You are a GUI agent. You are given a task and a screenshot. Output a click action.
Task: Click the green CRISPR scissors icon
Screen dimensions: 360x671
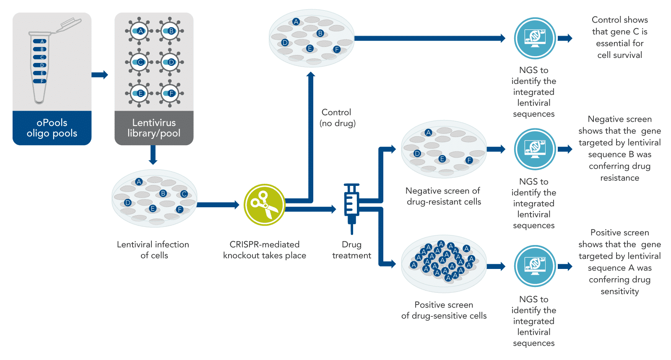click(265, 205)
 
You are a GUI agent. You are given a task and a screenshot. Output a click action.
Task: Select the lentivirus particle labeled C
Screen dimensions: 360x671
click(140, 62)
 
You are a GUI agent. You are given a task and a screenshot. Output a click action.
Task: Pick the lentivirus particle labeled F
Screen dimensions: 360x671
click(170, 93)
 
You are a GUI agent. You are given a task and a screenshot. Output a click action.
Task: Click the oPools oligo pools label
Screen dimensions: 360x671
click(52, 128)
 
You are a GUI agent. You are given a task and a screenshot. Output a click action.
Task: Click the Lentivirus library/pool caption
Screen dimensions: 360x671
click(154, 128)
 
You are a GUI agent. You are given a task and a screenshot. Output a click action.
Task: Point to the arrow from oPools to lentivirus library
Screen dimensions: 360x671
click(100, 75)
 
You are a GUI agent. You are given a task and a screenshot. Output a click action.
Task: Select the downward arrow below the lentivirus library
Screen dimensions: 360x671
click(153, 155)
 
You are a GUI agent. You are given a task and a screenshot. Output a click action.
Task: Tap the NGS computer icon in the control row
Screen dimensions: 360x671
click(535, 38)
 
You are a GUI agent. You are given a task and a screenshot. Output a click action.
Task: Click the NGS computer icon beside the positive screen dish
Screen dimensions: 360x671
click(535, 266)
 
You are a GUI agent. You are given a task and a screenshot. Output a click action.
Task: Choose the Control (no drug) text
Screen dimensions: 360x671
click(337, 118)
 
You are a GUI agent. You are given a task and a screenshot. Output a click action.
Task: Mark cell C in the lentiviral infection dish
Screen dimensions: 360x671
click(184, 194)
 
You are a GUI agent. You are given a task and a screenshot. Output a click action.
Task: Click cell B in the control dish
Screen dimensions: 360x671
click(320, 33)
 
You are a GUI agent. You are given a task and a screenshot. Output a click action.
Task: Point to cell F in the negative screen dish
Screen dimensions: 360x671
click(469, 160)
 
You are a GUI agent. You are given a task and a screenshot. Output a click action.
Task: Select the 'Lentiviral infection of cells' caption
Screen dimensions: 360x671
click(153, 250)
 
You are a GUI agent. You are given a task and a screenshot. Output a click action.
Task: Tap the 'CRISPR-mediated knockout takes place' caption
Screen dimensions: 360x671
click(265, 250)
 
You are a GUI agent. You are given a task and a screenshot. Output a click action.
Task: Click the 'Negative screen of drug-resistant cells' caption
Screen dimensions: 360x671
click(443, 196)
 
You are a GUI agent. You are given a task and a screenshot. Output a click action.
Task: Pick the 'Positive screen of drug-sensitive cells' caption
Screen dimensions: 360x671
click(444, 310)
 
